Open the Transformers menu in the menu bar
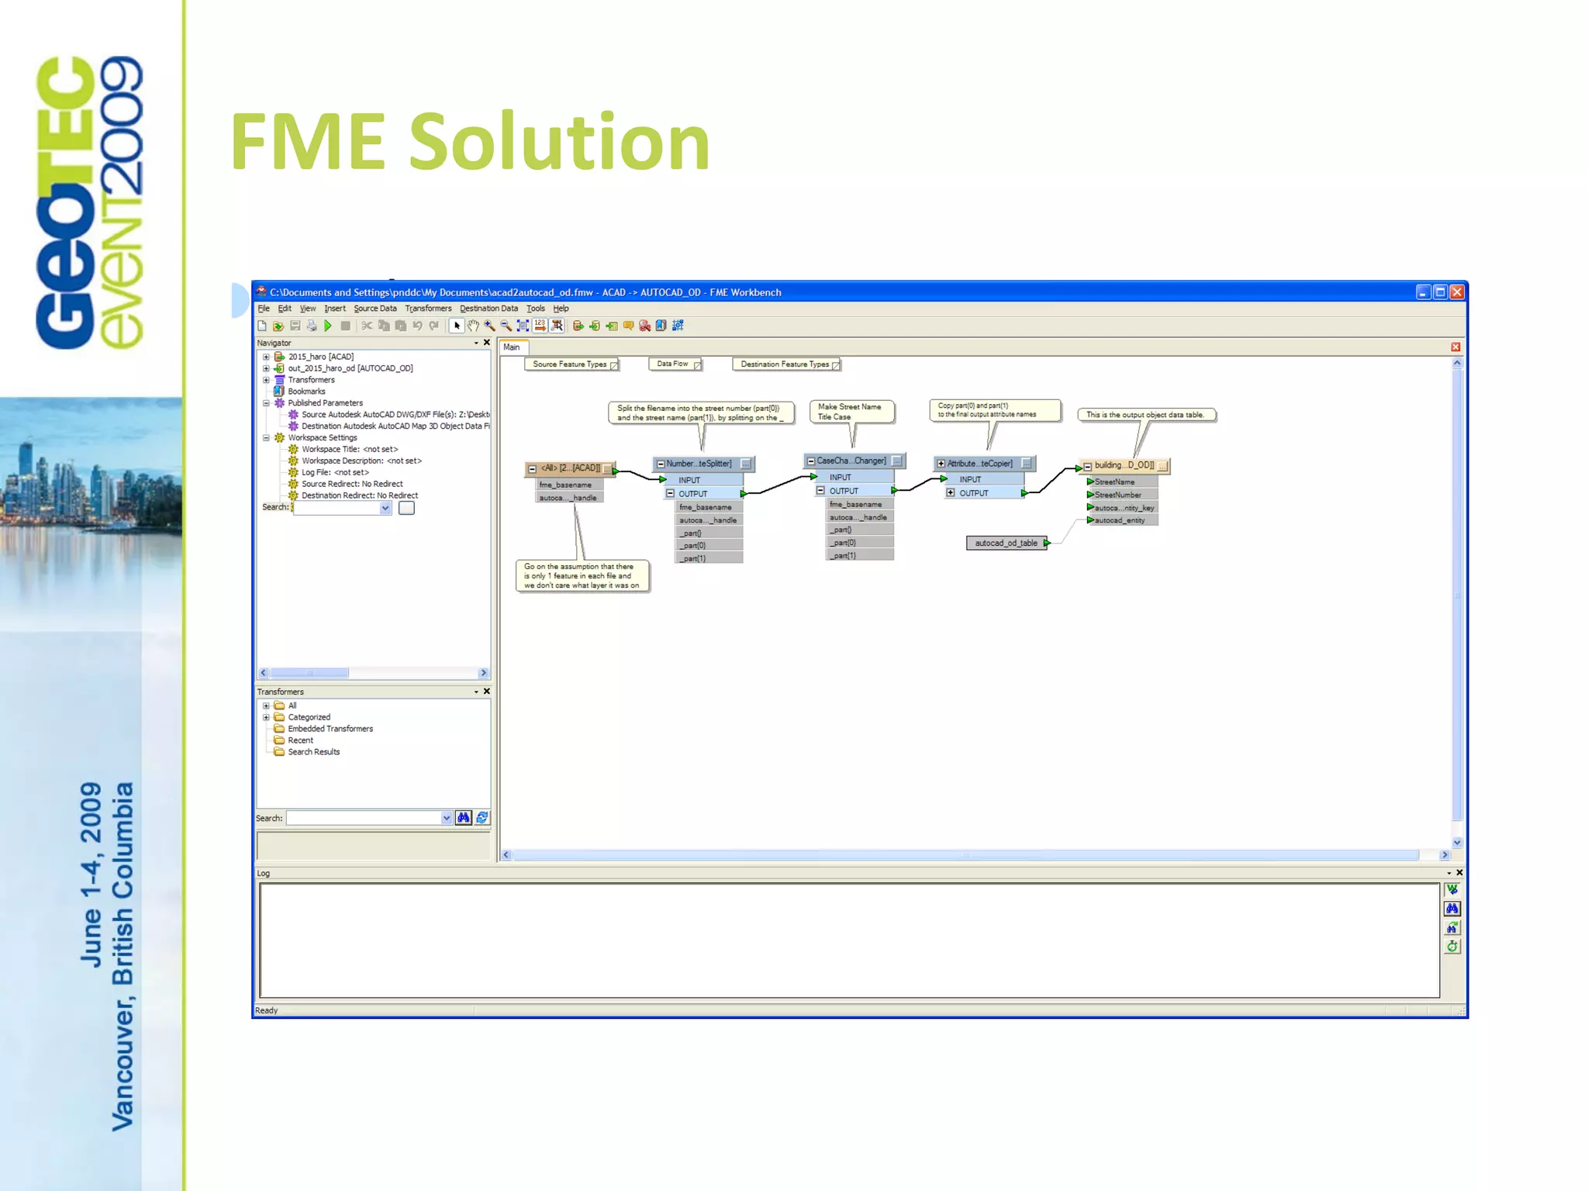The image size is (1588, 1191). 428,309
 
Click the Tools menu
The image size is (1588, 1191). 536,309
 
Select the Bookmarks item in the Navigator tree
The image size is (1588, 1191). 306,392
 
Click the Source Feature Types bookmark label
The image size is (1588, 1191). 570,364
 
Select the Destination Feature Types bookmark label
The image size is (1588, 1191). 785,364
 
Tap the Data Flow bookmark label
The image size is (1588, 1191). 672,364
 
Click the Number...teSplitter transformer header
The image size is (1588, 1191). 699,464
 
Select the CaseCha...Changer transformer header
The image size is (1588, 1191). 851,461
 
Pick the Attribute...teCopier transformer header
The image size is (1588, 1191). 979,464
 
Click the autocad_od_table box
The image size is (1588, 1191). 1006,543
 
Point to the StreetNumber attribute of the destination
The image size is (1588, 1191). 1117,495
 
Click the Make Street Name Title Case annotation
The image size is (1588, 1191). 850,412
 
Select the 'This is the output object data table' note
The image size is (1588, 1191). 1145,415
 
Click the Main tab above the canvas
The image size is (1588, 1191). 512,347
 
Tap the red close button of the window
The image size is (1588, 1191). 1457,292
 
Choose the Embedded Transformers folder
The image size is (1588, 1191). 330,729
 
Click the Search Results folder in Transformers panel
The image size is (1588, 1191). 314,752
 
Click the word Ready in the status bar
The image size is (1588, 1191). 267,1010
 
